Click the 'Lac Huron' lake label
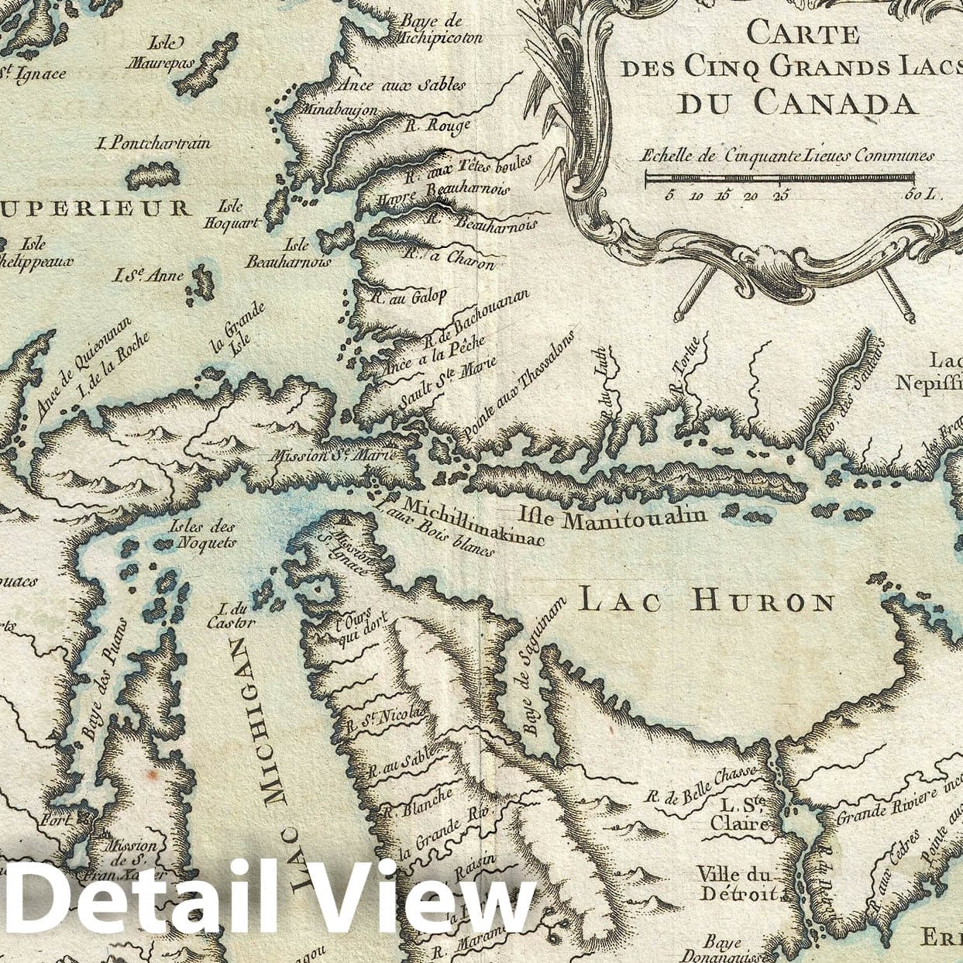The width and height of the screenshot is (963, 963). (x=707, y=601)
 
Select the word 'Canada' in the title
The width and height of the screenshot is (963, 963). (x=796, y=101)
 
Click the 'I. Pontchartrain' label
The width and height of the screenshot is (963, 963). (x=153, y=143)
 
